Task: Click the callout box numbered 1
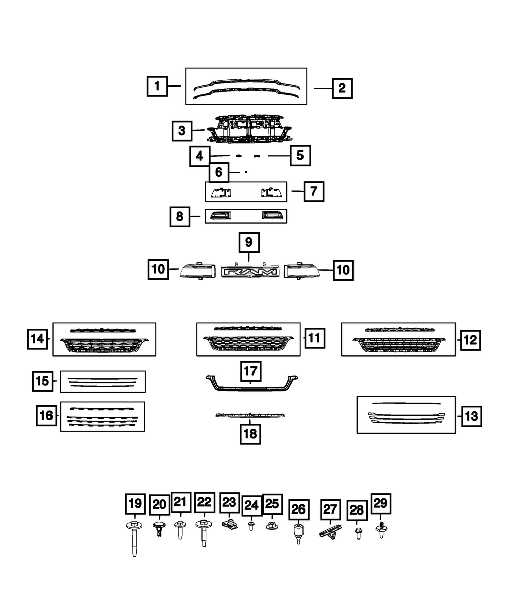click(158, 86)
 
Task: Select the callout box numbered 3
click(182, 131)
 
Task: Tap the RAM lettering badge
click(250, 272)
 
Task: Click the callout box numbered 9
click(249, 242)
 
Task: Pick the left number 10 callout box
click(158, 269)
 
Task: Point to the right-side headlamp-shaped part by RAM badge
click(301, 270)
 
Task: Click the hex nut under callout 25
click(272, 526)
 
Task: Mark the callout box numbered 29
click(381, 503)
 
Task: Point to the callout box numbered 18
click(250, 434)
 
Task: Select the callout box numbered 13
click(472, 416)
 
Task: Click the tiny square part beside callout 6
click(246, 172)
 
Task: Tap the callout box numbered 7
click(314, 192)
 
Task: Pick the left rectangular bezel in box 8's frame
click(221, 216)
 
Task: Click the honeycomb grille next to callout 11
click(248, 344)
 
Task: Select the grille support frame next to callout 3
click(249, 129)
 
